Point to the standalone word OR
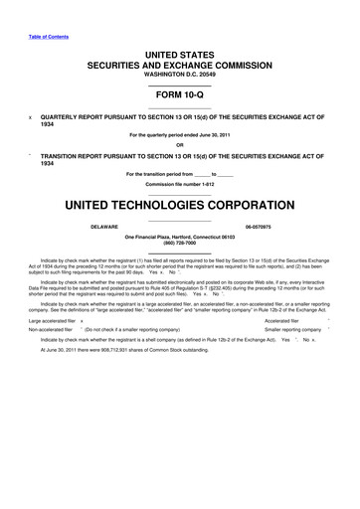click(x=179, y=145)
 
